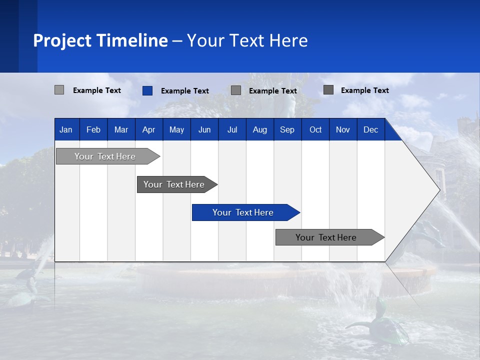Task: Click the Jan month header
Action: (x=66, y=130)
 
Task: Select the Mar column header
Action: (x=121, y=130)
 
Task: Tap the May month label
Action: (x=176, y=130)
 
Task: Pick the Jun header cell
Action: (x=204, y=130)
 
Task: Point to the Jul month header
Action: (x=232, y=130)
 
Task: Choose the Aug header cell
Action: (x=260, y=130)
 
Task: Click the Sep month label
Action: (x=287, y=130)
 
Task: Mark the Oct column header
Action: (x=315, y=130)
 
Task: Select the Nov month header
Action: (x=343, y=130)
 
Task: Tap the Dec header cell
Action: (x=371, y=130)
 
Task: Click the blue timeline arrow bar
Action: (x=245, y=212)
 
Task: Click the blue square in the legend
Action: (x=147, y=90)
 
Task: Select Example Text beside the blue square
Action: (x=185, y=91)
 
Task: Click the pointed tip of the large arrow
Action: (x=438, y=190)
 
